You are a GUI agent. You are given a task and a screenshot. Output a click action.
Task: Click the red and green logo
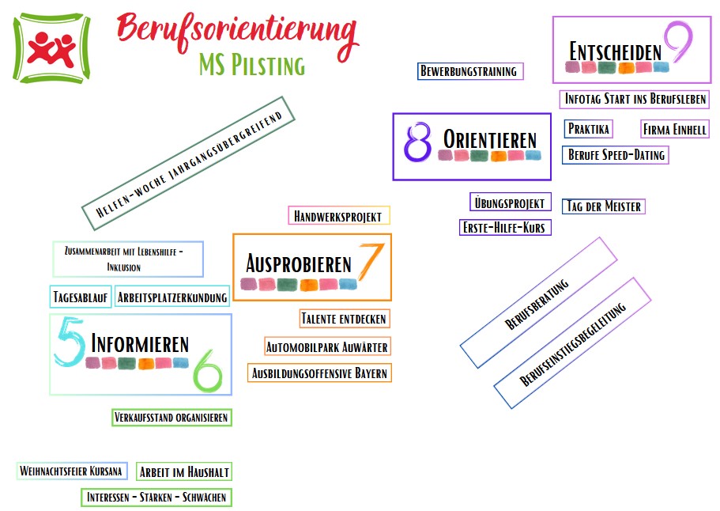(x=51, y=49)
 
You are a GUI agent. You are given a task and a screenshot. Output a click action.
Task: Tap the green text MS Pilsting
(x=252, y=65)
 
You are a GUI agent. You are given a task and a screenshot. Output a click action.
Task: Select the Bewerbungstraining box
(x=469, y=71)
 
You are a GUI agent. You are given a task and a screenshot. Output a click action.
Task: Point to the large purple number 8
(x=417, y=142)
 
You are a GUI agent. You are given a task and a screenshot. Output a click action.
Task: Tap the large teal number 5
(x=70, y=346)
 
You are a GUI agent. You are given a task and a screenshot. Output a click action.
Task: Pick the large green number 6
(x=208, y=373)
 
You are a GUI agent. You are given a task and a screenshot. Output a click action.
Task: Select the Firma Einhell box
(x=675, y=129)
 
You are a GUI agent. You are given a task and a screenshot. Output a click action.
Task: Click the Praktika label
(x=589, y=129)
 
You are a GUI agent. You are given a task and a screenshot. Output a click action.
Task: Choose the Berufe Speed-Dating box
(x=616, y=155)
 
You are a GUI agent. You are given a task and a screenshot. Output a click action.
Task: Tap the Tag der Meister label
(x=604, y=206)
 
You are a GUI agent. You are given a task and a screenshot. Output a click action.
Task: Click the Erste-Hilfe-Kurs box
(x=505, y=228)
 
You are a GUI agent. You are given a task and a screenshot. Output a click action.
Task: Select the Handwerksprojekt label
(x=338, y=215)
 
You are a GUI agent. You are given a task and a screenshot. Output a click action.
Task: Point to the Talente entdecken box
(x=344, y=319)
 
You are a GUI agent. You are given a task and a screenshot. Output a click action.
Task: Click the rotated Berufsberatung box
(x=538, y=303)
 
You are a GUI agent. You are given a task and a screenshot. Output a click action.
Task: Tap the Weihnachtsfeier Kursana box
(x=71, y=471)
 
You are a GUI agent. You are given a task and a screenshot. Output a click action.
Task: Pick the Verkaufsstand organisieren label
(x=172, y=417)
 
